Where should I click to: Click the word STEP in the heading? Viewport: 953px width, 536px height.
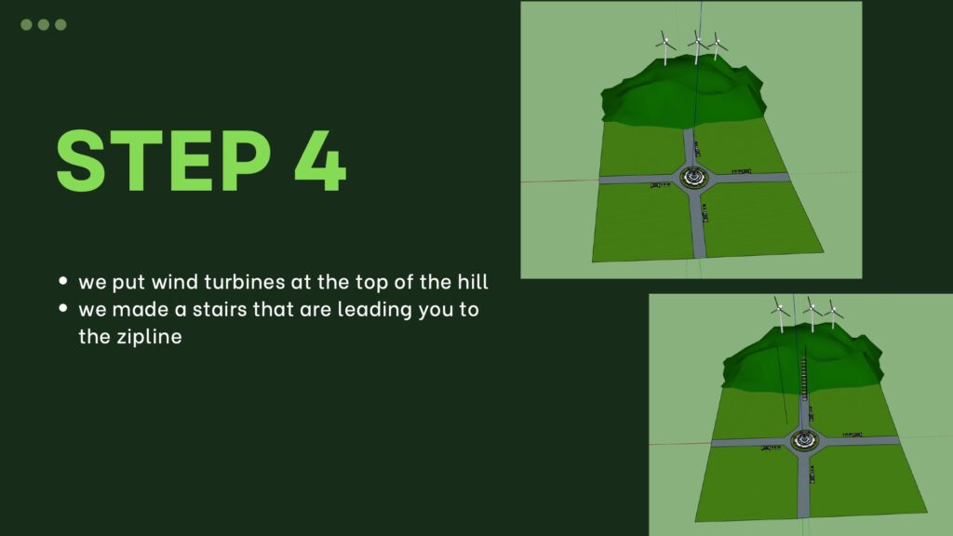click(x=164, y=161)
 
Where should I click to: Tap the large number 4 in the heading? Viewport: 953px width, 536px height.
click(x=320, y=161)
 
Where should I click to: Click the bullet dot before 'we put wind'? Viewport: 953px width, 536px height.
click(x=63, y=281)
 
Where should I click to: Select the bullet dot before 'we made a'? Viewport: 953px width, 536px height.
click(x=63, y=308)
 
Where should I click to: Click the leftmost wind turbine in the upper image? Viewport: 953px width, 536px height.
click(x=665, y=47)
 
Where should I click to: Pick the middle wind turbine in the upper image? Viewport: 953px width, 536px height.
click(x=698, y=47)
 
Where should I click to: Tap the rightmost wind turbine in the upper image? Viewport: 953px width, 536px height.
click(x=718, y=46)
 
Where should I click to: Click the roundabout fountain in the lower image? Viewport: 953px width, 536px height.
click(x=805, y=440)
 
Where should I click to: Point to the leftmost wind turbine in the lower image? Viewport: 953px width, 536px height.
click(x=780, y=315)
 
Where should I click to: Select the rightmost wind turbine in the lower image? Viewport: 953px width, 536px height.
click(x=833, y=314)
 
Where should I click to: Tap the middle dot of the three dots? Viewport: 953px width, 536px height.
click(x=44, y=24)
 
